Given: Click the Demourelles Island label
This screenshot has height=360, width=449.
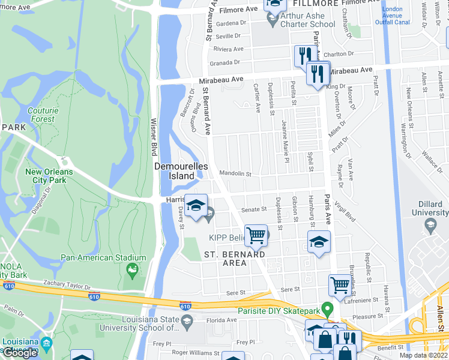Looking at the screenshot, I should tap(174, 170).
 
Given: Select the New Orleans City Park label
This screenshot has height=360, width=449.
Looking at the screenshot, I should tap(49, 176).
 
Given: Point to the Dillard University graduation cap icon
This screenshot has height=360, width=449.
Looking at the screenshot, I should tap(429, 226).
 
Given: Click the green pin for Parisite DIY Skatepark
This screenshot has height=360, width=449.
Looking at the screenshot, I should tap(327, 310).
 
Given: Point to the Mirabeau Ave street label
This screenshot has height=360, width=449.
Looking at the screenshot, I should tap(221, 79).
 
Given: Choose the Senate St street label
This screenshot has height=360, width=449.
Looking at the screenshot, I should tap(254, 209).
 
